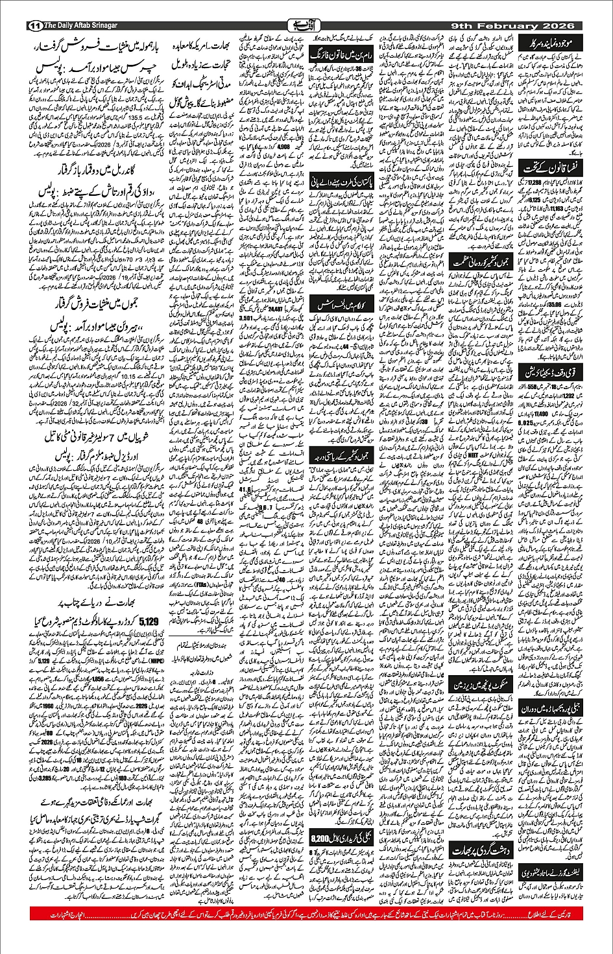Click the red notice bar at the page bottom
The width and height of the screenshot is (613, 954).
[x=306, y=914]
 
